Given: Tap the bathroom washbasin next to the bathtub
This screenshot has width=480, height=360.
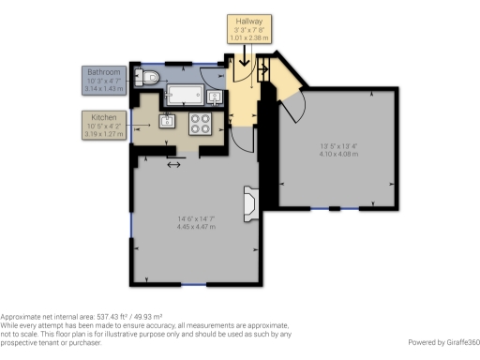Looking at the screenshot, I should [x=216, y=95].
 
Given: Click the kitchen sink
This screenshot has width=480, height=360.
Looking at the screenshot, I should [x=170, y=119].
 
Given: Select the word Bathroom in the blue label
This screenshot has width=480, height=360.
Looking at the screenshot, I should [x=103, y=72].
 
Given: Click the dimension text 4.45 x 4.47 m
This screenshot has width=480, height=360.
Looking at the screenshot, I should [x=197, y=226].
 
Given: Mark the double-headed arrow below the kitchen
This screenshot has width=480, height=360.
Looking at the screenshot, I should [x=174, y=165].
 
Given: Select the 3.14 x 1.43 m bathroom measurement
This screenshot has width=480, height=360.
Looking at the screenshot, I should [x=103, y=90].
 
